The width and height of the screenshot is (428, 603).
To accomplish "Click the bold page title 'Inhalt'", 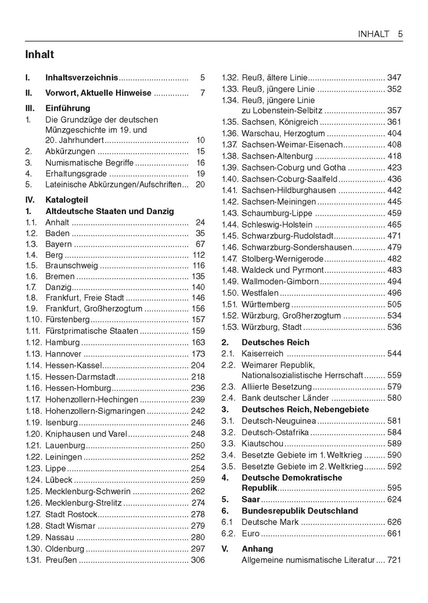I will (40, 55).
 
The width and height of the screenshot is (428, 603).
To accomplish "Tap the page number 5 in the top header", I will (400, 34).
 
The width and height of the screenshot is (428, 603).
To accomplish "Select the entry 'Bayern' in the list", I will (59, 244).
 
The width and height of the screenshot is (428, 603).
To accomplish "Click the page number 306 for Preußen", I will (197, 560).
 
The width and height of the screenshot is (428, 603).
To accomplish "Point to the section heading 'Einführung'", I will (67, 108).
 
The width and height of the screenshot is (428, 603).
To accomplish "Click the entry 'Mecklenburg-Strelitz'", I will (83, 503).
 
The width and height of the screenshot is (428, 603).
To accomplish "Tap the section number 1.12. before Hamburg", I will (33, 342).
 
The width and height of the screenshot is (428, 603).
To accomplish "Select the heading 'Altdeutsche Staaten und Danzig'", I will (110, 211).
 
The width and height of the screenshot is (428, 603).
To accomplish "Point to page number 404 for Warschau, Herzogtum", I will (394, 133).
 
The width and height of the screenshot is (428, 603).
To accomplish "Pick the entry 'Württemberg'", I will (266, 304).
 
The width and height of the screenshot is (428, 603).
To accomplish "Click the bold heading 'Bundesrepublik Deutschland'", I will (300, 511).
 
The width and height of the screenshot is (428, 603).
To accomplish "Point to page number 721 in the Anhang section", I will (394, 560).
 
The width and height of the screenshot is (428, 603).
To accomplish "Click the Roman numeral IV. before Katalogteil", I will (30, 200).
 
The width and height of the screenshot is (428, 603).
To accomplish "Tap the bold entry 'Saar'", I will (251, 500).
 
